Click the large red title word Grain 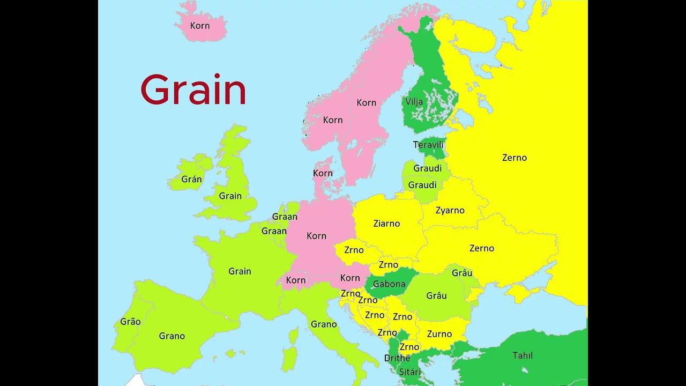193,90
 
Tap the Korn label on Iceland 200,26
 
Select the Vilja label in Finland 414,102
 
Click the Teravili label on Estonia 428,145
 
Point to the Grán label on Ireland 191,180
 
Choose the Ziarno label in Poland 386,224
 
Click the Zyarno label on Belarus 450,211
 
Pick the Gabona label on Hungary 389,284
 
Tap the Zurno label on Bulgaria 439,334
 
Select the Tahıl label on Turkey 523,355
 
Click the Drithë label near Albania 397,358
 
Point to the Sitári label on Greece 410,372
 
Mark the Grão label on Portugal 130,322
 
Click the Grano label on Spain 172,336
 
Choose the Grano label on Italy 324,324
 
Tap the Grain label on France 240,271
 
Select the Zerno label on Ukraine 482,248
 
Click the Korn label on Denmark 323,173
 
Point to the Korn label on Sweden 367,102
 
